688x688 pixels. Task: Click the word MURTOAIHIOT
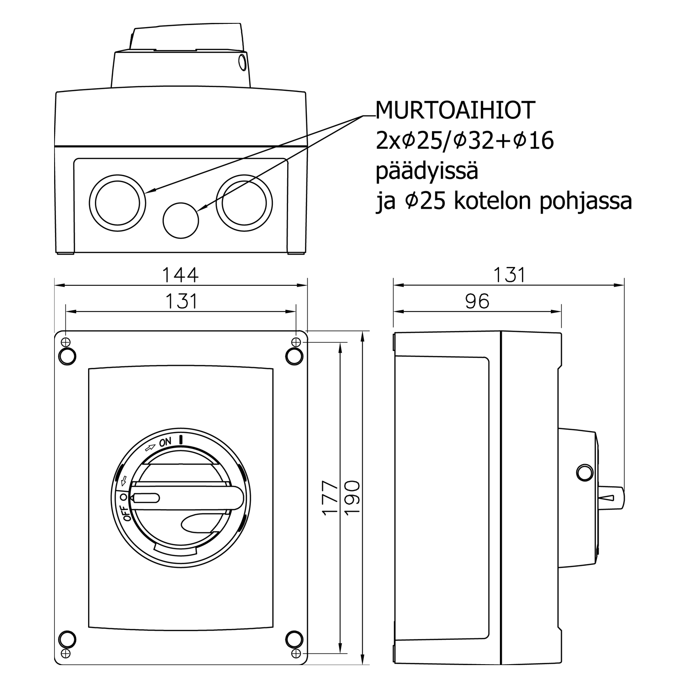(455, 110)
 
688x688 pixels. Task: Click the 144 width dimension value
(181, 275)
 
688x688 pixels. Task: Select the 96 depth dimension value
(477, 301)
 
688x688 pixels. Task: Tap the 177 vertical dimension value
(330, 498)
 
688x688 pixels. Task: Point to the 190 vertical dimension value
(352, 498)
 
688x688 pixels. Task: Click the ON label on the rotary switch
(165, 442)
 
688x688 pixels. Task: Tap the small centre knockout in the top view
(181, 220)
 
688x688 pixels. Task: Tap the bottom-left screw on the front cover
(67, 638)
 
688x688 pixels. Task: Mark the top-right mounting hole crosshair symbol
(296, 342)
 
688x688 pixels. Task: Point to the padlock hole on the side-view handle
(585, 473)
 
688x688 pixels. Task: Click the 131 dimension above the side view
(509, 275)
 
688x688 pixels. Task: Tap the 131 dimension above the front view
(181, 301)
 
